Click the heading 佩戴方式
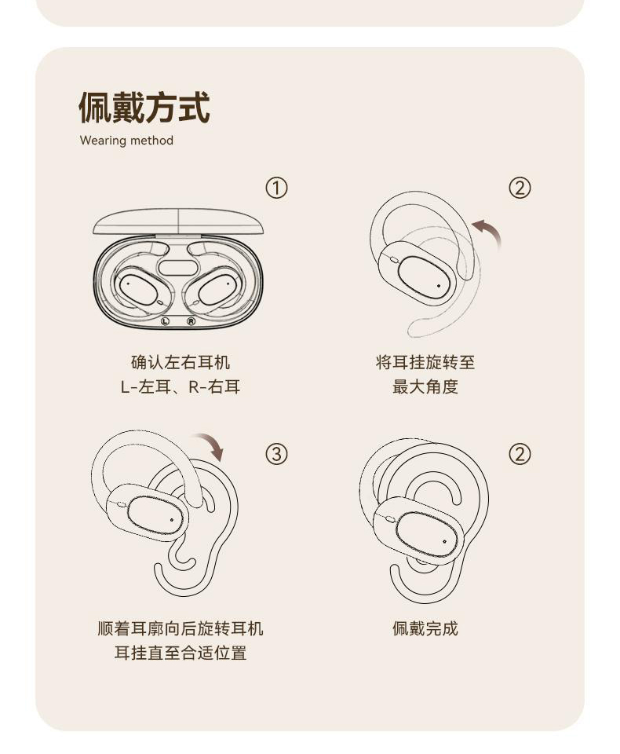click(144, 108)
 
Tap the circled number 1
click(276, 188)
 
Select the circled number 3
click(276, 454)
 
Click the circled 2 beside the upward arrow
click(520, 188)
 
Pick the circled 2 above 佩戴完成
click(520, 454)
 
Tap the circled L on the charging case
click(165, 320)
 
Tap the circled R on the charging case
click(191, 320)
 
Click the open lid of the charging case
click(178, 221)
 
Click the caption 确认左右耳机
click(181, 362)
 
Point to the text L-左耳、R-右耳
click(181, 386)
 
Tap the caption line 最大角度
click(425, 386)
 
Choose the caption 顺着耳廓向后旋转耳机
click(181, 628)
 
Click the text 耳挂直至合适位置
click(181, 653)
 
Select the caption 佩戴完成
click(425, 628)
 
